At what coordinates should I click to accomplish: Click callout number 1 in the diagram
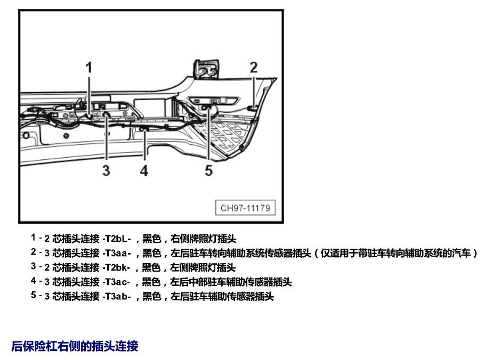click(89, 67)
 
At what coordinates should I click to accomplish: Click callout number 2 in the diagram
click(253, 67)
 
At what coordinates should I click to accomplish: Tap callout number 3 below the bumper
click(106, 170)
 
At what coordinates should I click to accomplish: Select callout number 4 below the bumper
click(144, 170)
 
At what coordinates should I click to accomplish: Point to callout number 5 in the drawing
click(208, 170)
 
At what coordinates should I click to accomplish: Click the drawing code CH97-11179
click(245, 208)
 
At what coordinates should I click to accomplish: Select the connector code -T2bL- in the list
click(117, 239)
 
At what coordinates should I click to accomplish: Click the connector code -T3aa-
click(117, 253)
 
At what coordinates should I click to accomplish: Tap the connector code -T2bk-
click(116, 267)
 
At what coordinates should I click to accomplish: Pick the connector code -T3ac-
click(116, 282)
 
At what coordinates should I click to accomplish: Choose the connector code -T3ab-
click(117, 296)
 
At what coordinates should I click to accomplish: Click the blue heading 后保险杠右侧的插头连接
click(75, 346)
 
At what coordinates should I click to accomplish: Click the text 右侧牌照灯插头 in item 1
click(204, 239)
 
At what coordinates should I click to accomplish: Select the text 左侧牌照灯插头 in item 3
click(203, 267)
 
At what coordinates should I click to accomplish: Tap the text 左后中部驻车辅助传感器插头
click(231, 282)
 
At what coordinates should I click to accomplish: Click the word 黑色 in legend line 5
click(151, 296)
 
